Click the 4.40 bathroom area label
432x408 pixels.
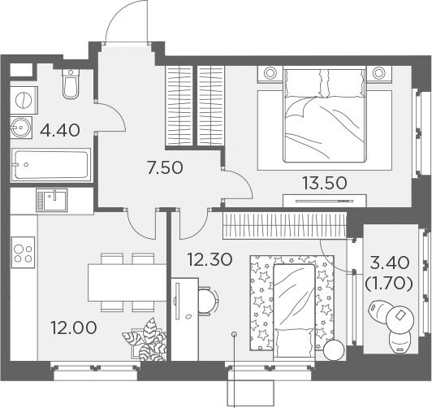60,130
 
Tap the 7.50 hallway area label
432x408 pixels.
166,167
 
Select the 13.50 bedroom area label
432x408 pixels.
325,183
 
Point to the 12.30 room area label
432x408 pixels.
210,260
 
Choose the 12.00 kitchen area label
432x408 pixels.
74,328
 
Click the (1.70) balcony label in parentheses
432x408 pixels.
389,284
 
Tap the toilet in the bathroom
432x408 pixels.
71,84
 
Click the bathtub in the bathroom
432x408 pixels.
50,165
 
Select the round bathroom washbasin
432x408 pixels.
21,128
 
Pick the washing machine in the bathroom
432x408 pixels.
24,100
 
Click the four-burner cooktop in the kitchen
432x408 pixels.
23,252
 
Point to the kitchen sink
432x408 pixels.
52,200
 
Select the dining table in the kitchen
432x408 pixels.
127,283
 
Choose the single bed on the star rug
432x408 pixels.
294,312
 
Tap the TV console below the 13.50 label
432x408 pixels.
325,201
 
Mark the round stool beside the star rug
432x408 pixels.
334,349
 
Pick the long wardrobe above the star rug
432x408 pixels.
284,225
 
